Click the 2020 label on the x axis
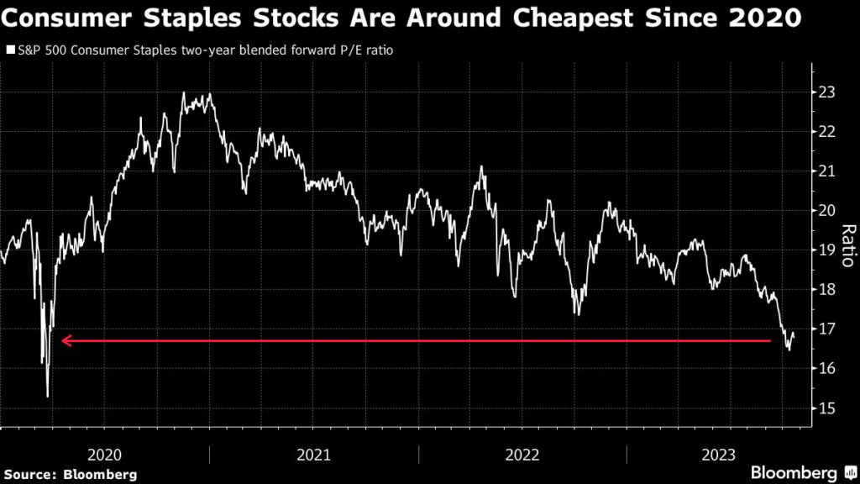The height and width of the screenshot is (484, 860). [x=105, y=455]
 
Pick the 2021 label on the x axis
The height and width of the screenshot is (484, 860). [x=314, y=455]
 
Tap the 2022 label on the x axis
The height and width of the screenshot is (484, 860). [x=522, y=455]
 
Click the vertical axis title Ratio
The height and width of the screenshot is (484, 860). [x=847, y=245]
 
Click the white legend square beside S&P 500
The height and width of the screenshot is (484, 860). [x=10, y=50]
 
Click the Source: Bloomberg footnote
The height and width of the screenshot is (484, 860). [x=69, y=473]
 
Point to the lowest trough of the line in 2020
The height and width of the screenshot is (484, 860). [x=48, y=397]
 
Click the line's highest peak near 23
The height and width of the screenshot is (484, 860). [x=184, y=94]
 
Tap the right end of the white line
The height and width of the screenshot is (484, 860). [x=794, y=334]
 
